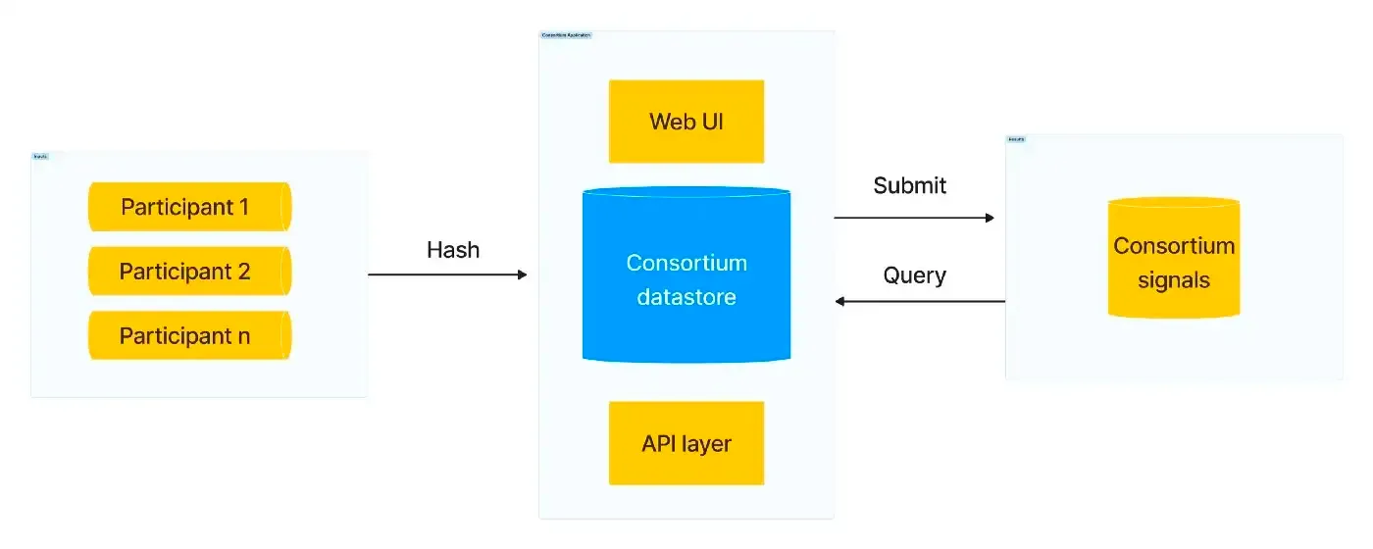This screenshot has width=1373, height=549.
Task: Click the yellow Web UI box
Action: click(686, 122)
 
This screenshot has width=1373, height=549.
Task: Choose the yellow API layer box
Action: click(686, 443)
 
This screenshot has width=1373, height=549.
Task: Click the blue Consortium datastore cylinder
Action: click(686, 278)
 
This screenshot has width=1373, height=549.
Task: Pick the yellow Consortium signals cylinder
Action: click(1174, 260)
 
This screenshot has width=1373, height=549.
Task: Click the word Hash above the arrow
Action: click(453, 250)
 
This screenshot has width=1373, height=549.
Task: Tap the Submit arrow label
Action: click(910, 185)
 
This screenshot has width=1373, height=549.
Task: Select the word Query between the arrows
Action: click(914, 275)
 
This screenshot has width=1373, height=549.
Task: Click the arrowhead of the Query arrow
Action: click(840, 301)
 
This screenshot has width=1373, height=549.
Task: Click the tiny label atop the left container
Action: click(40, 156)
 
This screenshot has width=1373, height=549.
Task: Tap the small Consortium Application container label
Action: click(566, 35)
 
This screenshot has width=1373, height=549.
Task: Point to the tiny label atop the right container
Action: click(1016, 139)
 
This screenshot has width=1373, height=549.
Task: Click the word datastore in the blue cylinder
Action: click(686, 296)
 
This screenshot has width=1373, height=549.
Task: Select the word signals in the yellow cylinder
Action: click(1174, 280)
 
